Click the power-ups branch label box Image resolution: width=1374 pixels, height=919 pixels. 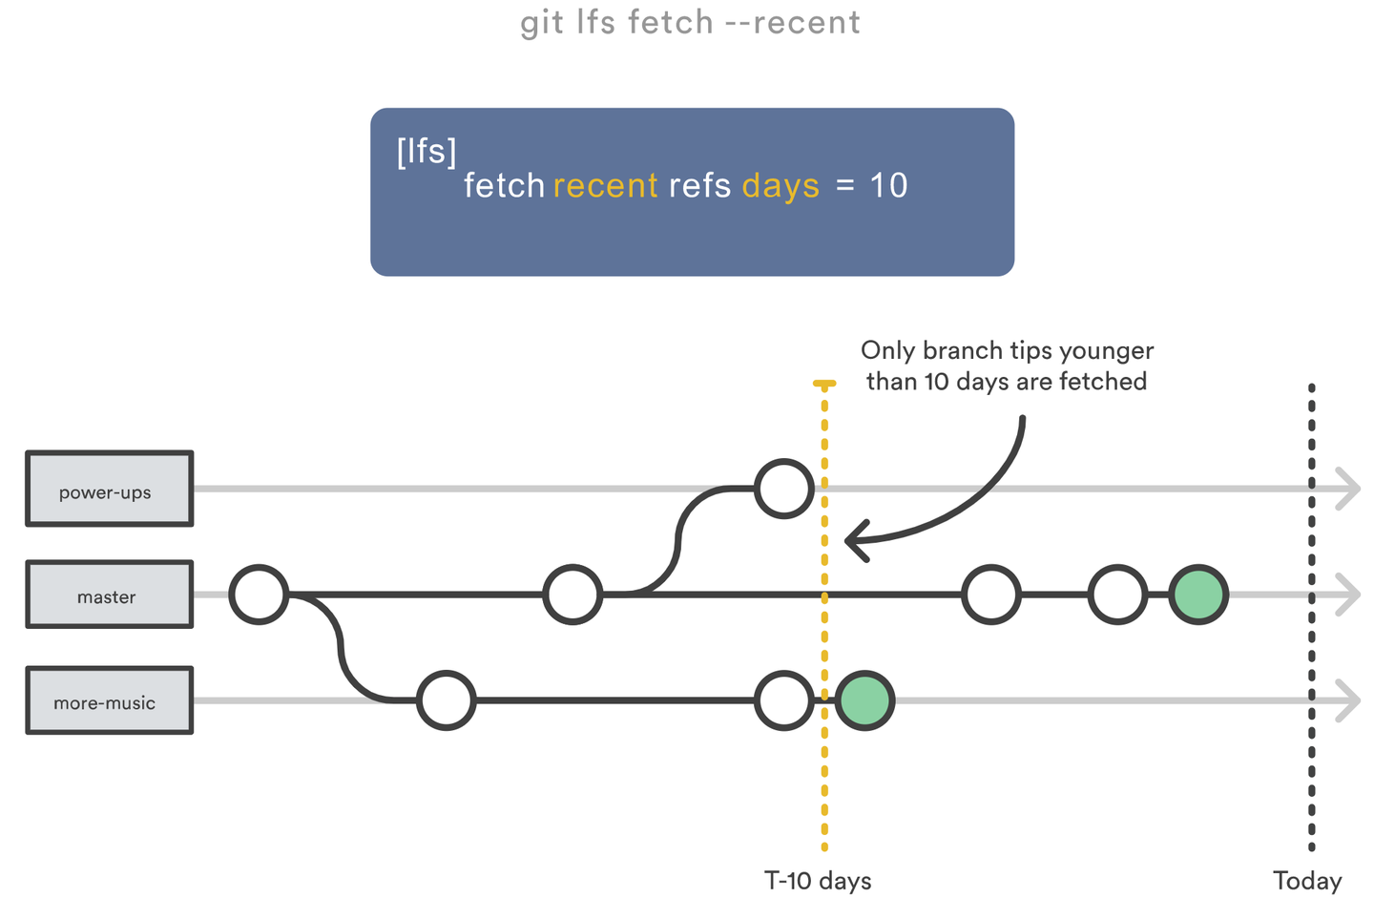pos(109,490)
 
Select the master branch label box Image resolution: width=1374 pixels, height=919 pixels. pos(109,595)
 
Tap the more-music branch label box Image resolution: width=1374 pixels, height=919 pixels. pos(109,700)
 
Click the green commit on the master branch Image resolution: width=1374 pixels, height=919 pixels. pos(1198,595)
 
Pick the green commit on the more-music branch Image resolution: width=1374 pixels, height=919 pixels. pos(864,700)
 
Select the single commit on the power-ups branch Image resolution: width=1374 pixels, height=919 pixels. pos(784,489)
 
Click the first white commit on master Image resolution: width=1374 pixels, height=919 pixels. pos(259,595)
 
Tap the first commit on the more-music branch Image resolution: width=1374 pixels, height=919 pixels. pos(446,700)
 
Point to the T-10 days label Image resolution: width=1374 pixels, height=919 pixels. pos(818,880)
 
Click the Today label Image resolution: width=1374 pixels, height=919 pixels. pos(1306,880)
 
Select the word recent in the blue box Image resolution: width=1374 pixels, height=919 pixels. pos(605,185)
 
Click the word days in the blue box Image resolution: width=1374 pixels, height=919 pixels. pos(781,185)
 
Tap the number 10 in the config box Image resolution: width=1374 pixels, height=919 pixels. pos(888,185)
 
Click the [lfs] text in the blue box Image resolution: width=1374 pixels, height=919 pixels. pos(427,151)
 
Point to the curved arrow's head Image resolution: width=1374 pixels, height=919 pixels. pos(852,541)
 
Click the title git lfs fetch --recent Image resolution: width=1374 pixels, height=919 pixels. pos(690,22)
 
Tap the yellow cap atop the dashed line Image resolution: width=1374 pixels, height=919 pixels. pos(824,384)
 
